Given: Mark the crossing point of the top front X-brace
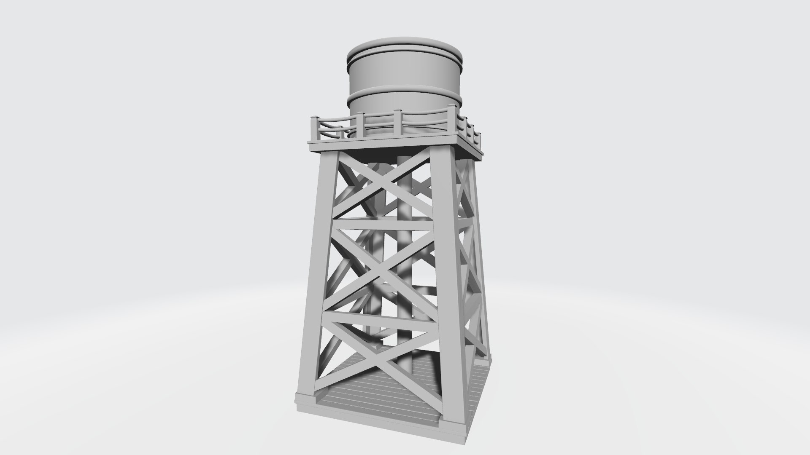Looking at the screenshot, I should coord(386,185).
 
